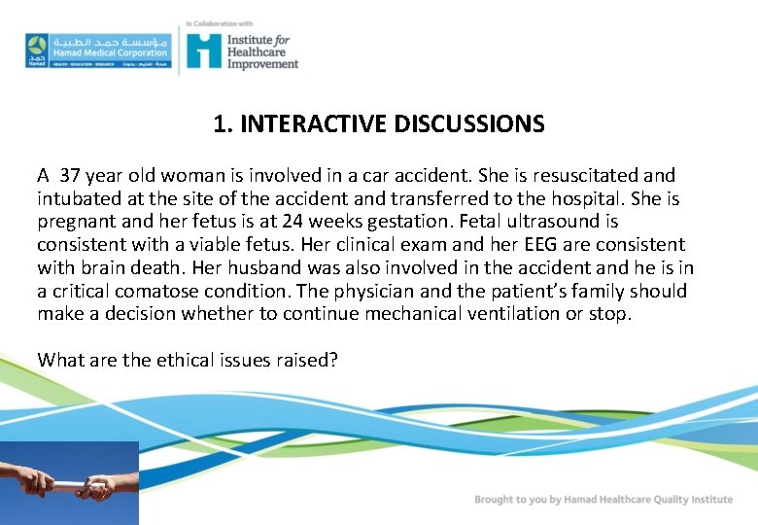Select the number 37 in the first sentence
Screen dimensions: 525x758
(x=70, y=176)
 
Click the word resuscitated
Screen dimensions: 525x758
(x=563, y=176)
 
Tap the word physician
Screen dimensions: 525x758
(x=429, y=291)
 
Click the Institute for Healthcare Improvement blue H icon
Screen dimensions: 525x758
(x=203, y=50)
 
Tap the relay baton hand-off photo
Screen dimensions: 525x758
(x=69, y=482)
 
